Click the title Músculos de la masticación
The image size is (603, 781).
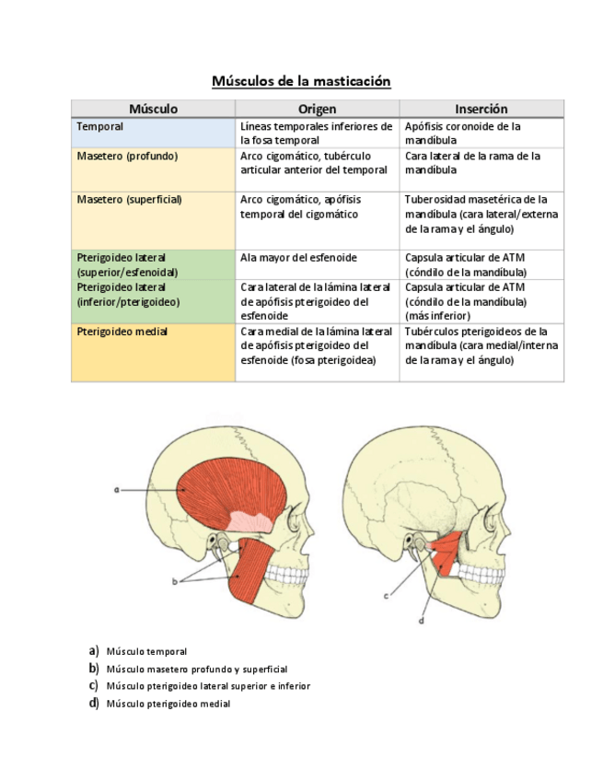pos(301,81)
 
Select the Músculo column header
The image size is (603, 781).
pos(153,109)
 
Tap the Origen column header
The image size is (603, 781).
pos(317,109)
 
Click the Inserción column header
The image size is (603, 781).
pos(481,109)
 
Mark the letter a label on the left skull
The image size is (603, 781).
pos(118,491)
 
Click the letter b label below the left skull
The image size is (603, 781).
pos(174,582)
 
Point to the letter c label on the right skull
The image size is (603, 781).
pos(386,596)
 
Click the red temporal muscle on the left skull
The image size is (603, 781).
pos(221,488)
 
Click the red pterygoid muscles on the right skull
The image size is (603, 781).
pos(447,557)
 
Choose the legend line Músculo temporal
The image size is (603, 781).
pos(146,651)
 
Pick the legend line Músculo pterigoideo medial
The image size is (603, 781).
pos(168,704)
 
